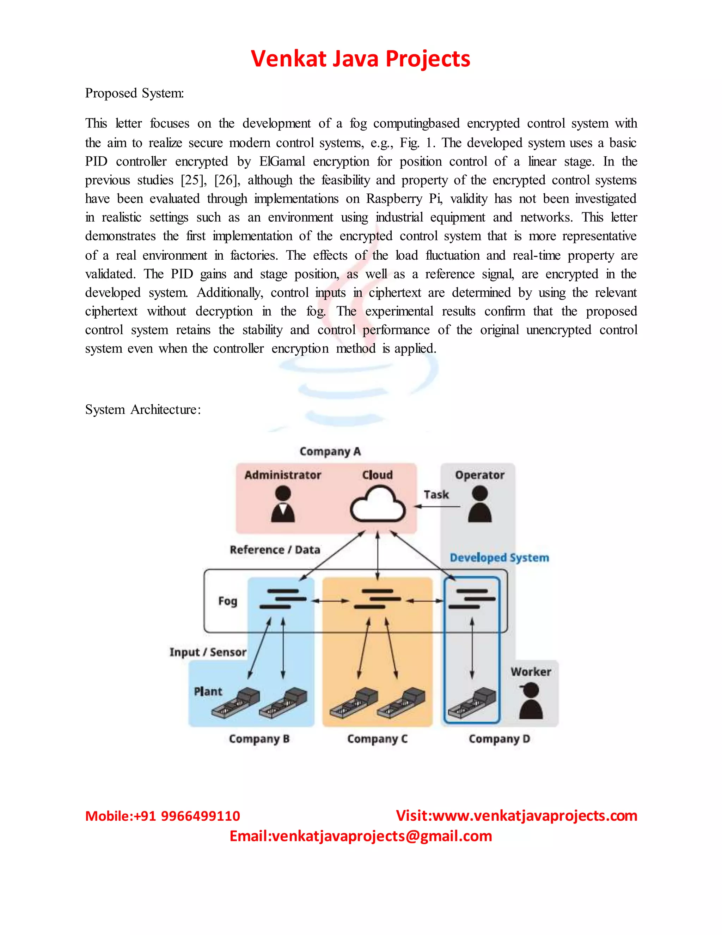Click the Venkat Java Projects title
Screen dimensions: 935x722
tap(360, 59)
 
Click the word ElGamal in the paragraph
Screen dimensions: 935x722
tap(282, 161)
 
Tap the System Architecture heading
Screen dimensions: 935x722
tap(143, 410)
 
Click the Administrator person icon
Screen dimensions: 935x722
tap(283, 504)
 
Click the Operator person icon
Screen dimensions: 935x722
tap(479, 504)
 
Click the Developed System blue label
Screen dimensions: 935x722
tap(499, 557)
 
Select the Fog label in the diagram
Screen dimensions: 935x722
tap(227, 601)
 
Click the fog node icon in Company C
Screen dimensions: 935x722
tap(377, 599)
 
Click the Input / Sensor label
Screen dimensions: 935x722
tap(208, 652)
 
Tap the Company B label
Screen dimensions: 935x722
tap(259, 739)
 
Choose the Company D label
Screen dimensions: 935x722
tap(499, 739)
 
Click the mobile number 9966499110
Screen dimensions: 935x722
tap(200, 816)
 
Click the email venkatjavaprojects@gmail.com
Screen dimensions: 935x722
tap(381, 836)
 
